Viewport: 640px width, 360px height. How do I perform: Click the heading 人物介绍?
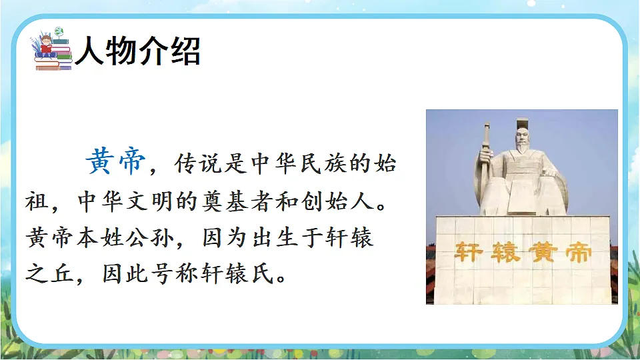pos(137,51)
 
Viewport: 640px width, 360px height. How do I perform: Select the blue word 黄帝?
pos(115,162)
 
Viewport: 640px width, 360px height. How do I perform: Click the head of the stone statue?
pos(524,138)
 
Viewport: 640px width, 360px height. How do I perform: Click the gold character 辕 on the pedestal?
pos(503,252)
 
